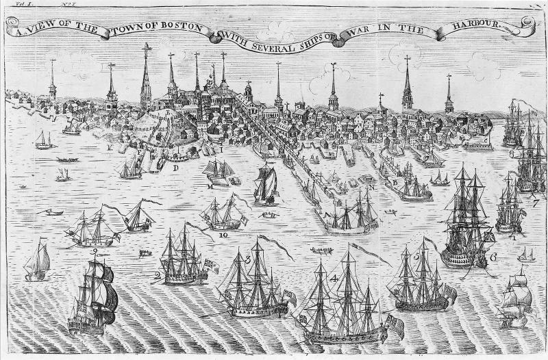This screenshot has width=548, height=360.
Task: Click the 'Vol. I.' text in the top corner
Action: click(14, 4)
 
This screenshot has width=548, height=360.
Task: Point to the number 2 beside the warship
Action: click(158, 275)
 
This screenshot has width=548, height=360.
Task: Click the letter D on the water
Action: click(175, 168)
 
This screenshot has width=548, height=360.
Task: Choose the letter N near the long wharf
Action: click(371, 186)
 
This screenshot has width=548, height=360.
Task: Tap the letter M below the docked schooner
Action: click(209, 185)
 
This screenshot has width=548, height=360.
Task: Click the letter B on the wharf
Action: click(395, 182)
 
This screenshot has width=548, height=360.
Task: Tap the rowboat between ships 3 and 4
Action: click(321, 250)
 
